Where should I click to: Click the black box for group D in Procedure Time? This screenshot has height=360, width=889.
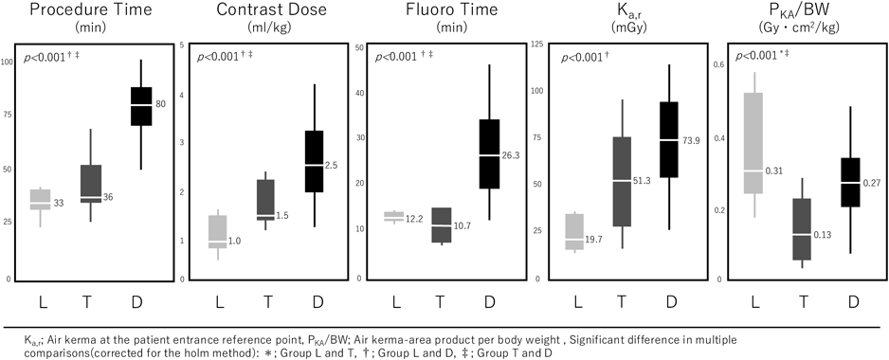coord(141,106)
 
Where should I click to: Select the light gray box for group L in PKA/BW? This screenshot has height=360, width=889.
coord(754,142)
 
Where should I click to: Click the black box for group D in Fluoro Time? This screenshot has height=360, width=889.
coord(490,153)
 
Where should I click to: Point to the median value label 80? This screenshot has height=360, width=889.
coord(161,104)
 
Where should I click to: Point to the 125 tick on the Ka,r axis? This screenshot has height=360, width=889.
coord(536,45)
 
